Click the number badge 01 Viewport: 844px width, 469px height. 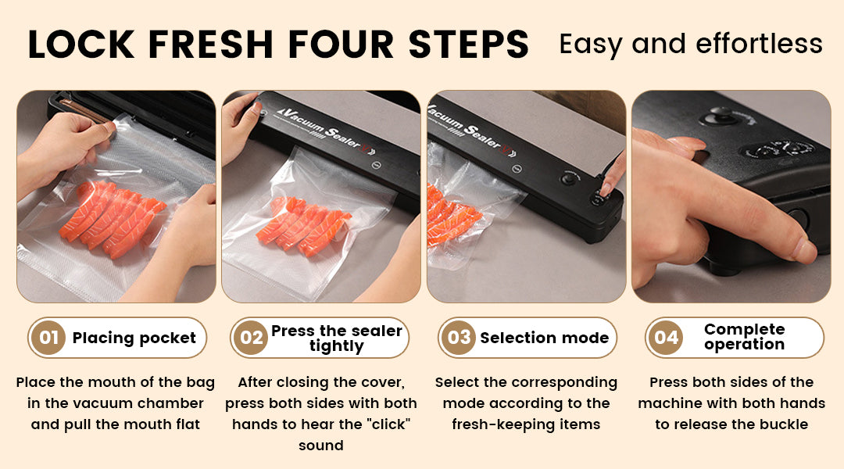(x=48, y=338)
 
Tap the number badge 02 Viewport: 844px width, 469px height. (x=251, y=338)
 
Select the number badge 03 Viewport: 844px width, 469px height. (x=459, y=338)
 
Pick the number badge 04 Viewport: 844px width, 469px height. (x=666, y=338)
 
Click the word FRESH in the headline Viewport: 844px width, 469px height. (x=211, y=44)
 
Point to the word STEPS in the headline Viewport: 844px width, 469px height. (x=468, y=44)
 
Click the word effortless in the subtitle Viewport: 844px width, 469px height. (x=759, y=44)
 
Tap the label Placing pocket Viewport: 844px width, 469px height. (x=134, y=338)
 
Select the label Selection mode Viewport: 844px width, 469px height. (x=544, y=338)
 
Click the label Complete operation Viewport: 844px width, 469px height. (x=745, y=337)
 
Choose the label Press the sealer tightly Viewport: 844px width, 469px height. (x=336, y=338)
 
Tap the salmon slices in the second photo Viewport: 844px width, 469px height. (x=303, y=226)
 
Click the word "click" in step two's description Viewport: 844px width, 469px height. (x=388, y=424)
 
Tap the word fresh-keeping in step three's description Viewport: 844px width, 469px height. (x=494, y=425)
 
